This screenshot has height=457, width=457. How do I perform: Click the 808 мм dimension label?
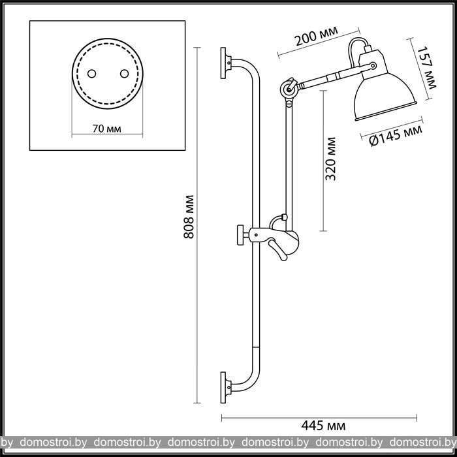[189, 217]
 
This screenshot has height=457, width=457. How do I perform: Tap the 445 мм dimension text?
[323, 426]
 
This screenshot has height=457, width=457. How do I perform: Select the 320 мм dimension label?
[330, 159]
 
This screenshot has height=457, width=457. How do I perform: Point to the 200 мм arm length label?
[317, 36]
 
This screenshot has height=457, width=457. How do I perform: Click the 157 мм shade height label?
[426, 68]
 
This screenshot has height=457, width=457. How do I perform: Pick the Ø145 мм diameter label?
[396, 136]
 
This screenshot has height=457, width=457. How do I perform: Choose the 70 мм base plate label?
[106, 129]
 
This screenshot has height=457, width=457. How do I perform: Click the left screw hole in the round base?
[91, 74]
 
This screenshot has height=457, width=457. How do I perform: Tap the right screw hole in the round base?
[125, 74]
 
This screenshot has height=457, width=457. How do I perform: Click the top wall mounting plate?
[223, 63]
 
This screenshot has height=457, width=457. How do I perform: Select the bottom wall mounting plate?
[223, 388]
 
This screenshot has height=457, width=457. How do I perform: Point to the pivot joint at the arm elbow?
[289, 89]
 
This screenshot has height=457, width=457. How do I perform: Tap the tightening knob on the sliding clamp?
[240, 234]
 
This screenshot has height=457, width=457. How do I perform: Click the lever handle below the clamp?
[278, 250]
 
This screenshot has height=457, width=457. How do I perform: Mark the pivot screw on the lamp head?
[373, 66]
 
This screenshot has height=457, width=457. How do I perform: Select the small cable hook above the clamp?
[277, 221]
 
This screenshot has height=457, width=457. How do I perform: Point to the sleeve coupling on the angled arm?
[332, 77]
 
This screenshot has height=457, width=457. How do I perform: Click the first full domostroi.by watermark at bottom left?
[53, 443]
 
